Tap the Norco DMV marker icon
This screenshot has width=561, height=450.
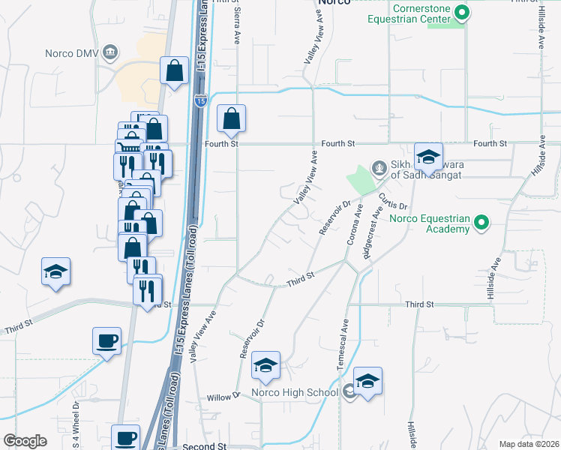tap(110, 52)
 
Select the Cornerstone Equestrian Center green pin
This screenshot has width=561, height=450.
tap(463, 12)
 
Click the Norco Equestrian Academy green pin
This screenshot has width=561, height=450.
tap(482, 222)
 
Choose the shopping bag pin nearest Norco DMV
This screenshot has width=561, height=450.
tap(174, 72)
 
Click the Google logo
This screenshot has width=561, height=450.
tap(25, 441)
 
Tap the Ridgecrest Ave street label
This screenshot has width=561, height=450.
tap(373, 238)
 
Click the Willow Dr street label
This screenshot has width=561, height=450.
tap(222, 397)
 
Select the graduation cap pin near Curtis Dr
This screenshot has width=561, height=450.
tap(428, 156)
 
